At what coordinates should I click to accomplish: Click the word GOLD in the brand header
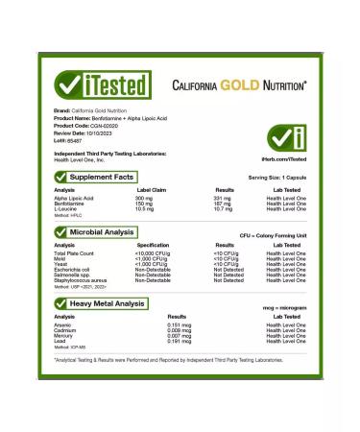[244, 84]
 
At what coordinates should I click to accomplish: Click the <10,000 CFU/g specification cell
[155, 253]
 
